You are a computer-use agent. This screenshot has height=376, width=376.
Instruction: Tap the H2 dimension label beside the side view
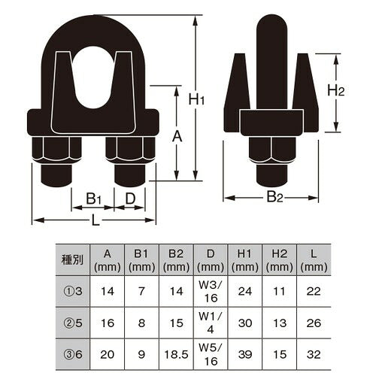tap(336, 90)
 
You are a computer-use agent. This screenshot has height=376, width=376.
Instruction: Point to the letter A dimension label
tap(177, 137)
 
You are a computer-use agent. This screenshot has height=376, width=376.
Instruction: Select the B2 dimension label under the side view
tap(274, 197)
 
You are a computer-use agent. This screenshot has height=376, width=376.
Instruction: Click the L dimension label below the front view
tap(96, 220)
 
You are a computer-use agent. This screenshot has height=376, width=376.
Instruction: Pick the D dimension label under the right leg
tap(130, 199)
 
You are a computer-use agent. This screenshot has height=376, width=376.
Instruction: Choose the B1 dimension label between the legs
tap(93, 199)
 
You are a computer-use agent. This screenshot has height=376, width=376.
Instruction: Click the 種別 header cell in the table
tap(72, 260)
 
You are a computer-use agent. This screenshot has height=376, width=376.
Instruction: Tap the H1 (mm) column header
tap(245, 261)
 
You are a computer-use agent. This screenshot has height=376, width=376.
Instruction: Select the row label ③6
tap(72, 354)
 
